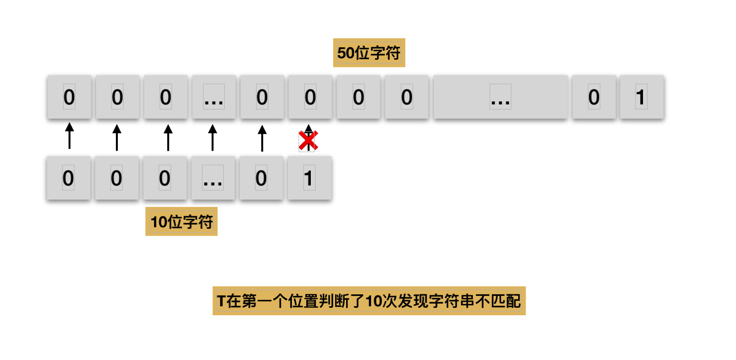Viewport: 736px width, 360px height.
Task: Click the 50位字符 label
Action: (369, 53)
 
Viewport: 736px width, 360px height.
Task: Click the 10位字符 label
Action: (182, 222)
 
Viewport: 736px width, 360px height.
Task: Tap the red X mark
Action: (308, 141)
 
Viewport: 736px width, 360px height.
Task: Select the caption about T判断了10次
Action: (369, 301)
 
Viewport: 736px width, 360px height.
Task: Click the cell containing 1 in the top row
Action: (642, 97)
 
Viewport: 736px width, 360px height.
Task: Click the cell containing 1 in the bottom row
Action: (309, 178)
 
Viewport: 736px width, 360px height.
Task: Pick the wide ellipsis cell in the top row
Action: (500, 97)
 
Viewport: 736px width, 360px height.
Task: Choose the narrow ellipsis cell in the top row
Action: (214, 97)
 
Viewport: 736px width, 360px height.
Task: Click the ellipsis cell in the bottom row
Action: (213, 178)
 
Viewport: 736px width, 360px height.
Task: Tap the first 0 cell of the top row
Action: (69, 97)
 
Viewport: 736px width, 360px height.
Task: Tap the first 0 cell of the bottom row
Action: (69, 178)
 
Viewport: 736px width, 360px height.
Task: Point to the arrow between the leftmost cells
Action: (70, 136)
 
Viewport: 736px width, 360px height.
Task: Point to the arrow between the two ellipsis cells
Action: (213, 137)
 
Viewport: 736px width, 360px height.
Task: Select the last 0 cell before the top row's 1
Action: (594, 97)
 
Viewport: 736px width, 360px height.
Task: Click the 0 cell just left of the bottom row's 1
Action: (261, 178)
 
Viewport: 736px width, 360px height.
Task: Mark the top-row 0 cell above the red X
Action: (310, 97)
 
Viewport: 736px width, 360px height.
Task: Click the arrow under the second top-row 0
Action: (117, 137)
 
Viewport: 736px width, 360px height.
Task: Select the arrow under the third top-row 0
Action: (168, 137)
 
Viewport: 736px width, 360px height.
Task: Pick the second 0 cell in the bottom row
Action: (116, 178)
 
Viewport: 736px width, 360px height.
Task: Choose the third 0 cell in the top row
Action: (166, 97)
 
